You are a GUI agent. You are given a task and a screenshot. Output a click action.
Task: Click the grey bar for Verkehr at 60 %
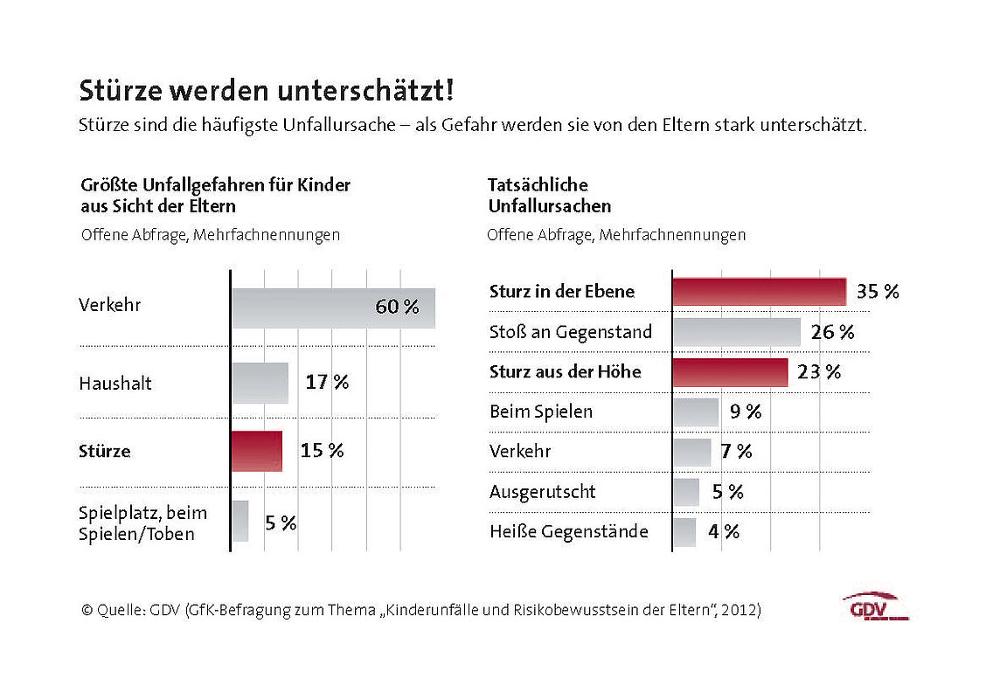[333, 308]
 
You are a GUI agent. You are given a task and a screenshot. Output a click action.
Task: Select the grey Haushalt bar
[260, 383]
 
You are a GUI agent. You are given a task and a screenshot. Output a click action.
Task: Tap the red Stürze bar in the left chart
[257, 451]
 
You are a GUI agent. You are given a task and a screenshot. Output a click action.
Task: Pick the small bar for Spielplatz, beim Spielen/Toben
[240, 521]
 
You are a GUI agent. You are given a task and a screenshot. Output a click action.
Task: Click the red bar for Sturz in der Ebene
[759, 292]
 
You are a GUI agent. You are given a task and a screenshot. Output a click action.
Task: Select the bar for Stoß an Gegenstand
[736, 332]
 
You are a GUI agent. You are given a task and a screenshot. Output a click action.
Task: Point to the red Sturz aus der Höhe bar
[730, 372]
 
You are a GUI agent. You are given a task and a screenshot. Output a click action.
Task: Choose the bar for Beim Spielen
[696, 412]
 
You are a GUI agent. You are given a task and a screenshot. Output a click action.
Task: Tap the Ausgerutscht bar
[686, 492]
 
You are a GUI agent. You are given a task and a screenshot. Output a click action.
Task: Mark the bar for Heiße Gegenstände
[684, 531]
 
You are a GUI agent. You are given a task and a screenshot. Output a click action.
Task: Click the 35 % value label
[878, 292]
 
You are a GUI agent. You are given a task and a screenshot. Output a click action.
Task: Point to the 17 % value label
[327, 383]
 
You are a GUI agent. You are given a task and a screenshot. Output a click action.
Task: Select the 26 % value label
[833, 332]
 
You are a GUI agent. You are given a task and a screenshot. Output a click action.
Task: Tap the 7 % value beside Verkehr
[737, 452]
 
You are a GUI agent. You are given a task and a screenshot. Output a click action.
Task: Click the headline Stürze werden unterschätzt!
[267, 91]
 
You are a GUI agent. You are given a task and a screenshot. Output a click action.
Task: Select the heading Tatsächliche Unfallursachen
[549, 196]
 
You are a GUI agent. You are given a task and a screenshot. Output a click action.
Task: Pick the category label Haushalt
[115, 384]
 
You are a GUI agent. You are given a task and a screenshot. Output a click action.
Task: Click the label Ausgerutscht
[542, 492]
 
